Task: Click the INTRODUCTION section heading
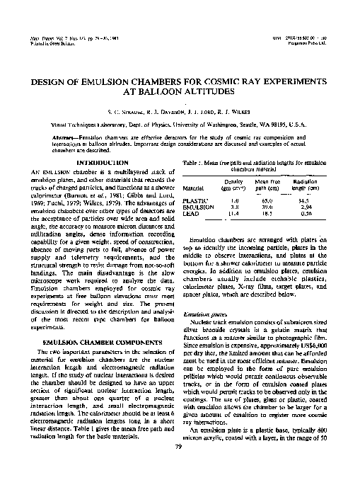click(x=95, y=163)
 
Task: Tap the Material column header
click(x=194, y=188)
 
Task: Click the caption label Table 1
click(x=192, y=163)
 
